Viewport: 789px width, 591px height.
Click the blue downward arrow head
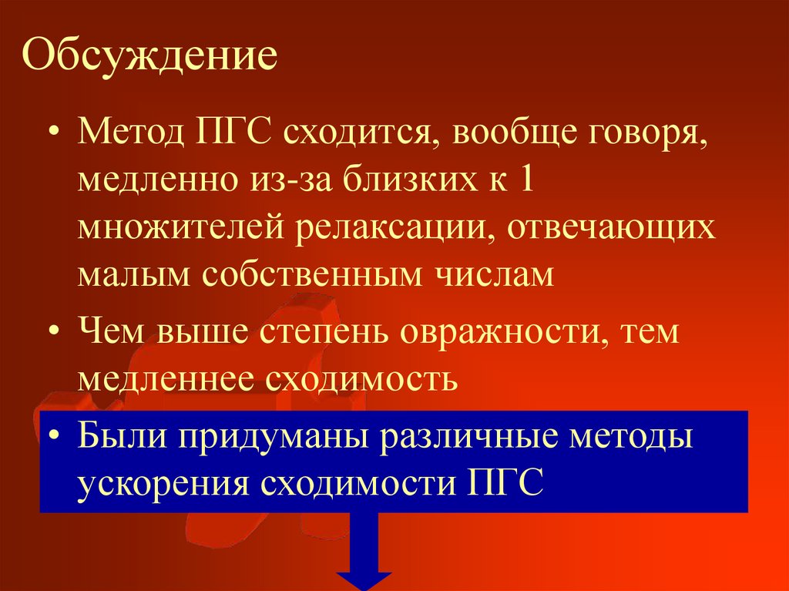pyautogui.click(x=364, y=580)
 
